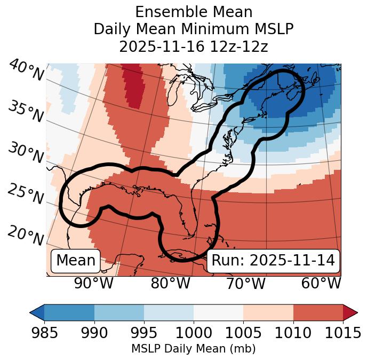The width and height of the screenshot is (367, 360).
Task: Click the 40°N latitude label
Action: [26, 71]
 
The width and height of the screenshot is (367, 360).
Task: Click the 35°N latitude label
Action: [25, 112]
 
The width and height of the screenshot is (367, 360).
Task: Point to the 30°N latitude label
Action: [25, 153]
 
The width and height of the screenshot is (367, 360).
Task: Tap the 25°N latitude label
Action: [25, 194]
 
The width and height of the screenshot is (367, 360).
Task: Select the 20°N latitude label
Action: [25, 236]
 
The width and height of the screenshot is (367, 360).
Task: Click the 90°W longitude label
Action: [93, 283]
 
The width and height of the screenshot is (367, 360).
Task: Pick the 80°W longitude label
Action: [170, 283]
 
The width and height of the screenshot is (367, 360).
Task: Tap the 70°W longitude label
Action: [245, 283]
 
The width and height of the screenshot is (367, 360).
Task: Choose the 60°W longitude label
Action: [321, 283]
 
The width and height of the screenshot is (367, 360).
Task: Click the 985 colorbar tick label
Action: [44, 333]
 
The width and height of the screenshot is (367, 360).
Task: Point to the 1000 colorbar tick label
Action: [193, 333]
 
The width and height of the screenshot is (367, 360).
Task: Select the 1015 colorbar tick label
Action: [342, 333]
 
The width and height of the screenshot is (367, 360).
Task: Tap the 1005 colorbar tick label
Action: [243, 333]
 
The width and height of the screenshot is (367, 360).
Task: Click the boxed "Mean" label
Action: [75, 261]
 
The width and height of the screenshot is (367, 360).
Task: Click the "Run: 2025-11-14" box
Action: [273, 261]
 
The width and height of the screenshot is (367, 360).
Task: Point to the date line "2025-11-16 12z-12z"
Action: [194, 46]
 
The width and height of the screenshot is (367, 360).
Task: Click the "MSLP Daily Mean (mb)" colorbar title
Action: [194, 349]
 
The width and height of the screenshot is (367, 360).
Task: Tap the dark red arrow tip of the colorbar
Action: [350, 312]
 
